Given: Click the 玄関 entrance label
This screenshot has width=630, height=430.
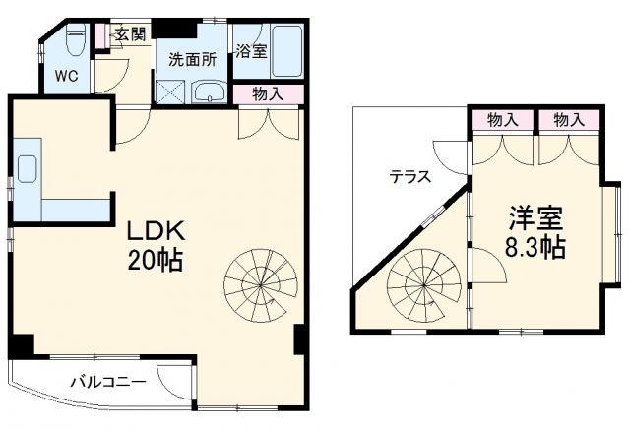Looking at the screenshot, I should pyautogui.click(x=129, y=33).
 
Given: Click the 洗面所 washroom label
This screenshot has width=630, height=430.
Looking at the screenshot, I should pyautogui.click(x=191, y=59).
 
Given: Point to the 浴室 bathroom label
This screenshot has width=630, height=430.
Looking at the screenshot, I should pyautogui.click(x=250, y=52).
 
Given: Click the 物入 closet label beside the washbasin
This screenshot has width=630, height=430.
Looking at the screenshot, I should pyautogui.click(x=268, y=95).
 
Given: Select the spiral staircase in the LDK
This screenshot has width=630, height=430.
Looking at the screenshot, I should pyautogui.click(x=259, y=281).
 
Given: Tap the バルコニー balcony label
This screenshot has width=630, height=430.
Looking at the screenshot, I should pyautogui.click(x=107, y=382).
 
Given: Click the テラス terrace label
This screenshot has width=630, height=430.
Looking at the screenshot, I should pyautogui.click(x=409, y=178).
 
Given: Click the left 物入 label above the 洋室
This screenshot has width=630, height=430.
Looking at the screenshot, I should pyautogui.click(x=503, y=120).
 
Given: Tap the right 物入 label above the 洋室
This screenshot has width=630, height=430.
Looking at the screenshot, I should pyautogui.click(x=568, y=120).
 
